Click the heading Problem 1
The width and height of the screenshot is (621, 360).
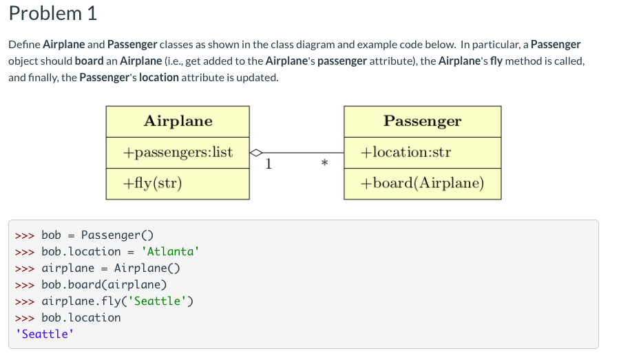click(53, 13)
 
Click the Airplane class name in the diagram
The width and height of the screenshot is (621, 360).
click(178, 121)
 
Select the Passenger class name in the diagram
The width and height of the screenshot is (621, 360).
click(422, 121)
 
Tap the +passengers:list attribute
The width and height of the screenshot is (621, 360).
click(178, 152)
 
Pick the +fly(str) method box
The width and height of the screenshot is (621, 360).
click(152, 184)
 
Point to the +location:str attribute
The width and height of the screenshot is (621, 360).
click(406, 152)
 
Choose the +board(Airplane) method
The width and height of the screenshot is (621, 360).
click(422, 184)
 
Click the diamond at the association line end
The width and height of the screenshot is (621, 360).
click(255, 153)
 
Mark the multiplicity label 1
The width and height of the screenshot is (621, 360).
click(269, 164)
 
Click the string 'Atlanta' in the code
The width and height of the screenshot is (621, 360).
click(170, 251)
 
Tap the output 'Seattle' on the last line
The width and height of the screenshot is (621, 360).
click(45, 334)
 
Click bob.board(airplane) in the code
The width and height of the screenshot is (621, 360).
click(104, 284)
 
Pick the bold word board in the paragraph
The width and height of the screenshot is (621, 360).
click(89, 61)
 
